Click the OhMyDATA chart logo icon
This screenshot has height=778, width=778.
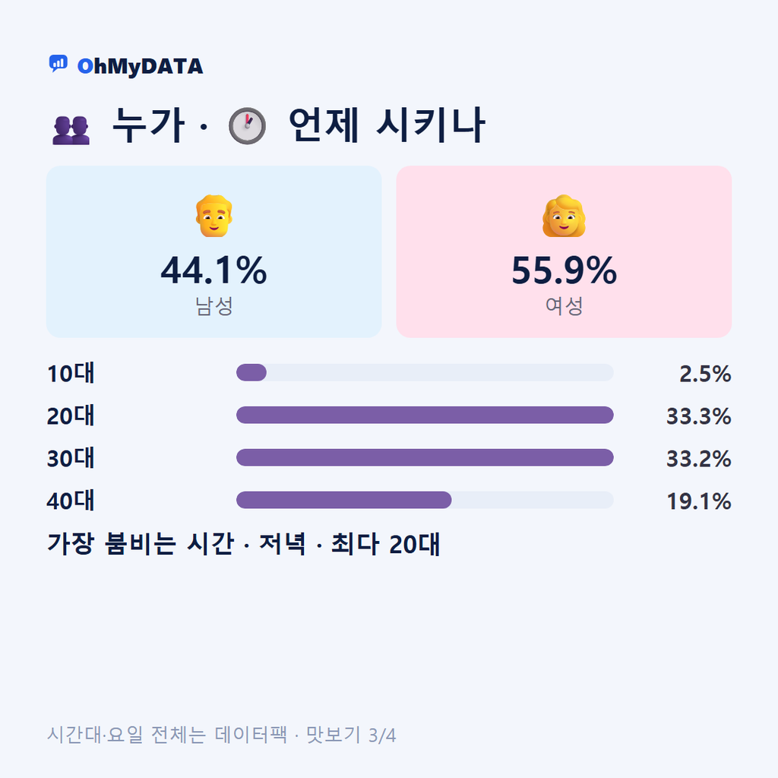click(58, 64)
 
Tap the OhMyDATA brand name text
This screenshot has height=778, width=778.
click(140, 67)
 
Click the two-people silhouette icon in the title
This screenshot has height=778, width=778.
click(71, 130)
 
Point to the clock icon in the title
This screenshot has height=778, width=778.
click(247, 126)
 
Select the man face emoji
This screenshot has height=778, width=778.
click(213, 216)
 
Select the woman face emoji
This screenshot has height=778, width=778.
click(564, 216)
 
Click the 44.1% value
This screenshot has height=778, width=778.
click(213, 270)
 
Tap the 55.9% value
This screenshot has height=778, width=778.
click(565, 270)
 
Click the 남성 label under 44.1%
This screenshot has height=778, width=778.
click(213, 305)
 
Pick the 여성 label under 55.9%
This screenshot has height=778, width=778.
click(565, 305)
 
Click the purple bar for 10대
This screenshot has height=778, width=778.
click(251, 372)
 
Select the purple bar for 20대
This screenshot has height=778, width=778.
click(425, 415)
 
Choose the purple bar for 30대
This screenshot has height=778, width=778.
click(425, 457)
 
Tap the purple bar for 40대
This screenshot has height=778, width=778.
click(344, 500)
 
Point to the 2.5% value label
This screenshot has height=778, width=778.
click(705, 374)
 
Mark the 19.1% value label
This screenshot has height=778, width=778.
click(699, 501)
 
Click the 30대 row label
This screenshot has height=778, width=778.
click(71, 458)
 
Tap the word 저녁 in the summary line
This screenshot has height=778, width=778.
click(283, 544)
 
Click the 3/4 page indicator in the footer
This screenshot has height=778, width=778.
click(382, 735)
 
